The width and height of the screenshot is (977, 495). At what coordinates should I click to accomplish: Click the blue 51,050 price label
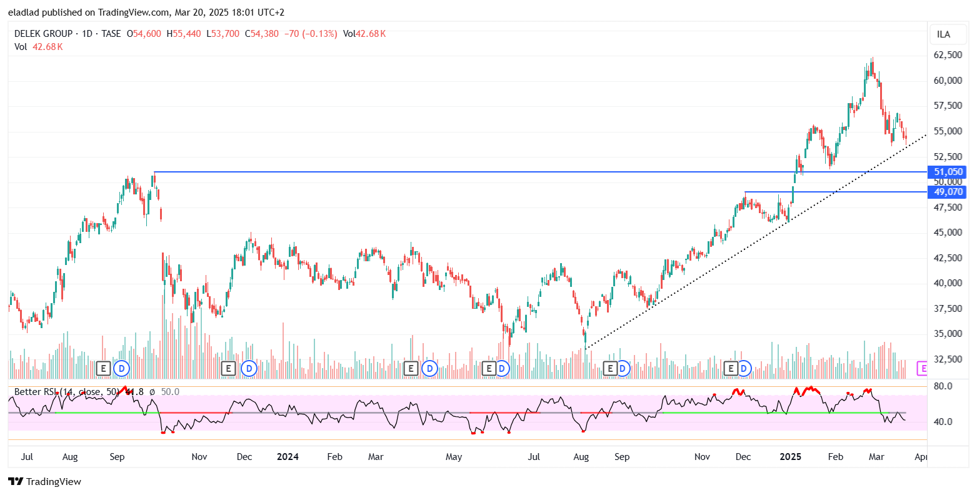(x=948, y=172)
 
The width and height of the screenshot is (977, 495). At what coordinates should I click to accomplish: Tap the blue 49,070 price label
(x=948, y=192)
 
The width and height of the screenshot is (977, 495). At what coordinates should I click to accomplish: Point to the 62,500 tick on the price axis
(x=948, y=55)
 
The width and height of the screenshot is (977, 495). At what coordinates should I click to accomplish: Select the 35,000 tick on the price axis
(x=948, y=334)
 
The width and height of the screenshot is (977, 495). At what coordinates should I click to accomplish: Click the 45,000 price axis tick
(x=948, y=232)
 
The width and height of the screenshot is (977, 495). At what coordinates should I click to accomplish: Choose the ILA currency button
(x=943, y=34)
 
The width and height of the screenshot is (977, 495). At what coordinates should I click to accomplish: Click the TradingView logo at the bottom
(x=45, y=481)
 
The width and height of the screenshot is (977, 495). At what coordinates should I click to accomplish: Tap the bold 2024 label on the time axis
(x=288, y=457)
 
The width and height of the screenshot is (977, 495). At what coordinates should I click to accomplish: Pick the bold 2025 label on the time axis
(x=791, y=457)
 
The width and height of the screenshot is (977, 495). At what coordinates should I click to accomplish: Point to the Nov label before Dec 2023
(x=199, y=457)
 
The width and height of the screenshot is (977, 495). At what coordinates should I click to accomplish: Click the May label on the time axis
(x=454, y=457)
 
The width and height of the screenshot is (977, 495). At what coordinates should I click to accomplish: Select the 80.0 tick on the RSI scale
(x=943, y=386)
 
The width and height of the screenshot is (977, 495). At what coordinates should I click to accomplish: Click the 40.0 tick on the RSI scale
(x=943, y=421)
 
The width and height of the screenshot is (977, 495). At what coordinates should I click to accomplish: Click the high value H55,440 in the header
(x=184, y=34)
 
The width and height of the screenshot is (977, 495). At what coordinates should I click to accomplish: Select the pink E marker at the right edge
(x=922, y=369)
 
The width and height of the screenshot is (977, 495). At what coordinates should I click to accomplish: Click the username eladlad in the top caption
(x=23, y=12)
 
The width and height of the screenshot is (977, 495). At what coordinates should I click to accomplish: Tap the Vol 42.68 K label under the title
(x=39, y=46)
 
